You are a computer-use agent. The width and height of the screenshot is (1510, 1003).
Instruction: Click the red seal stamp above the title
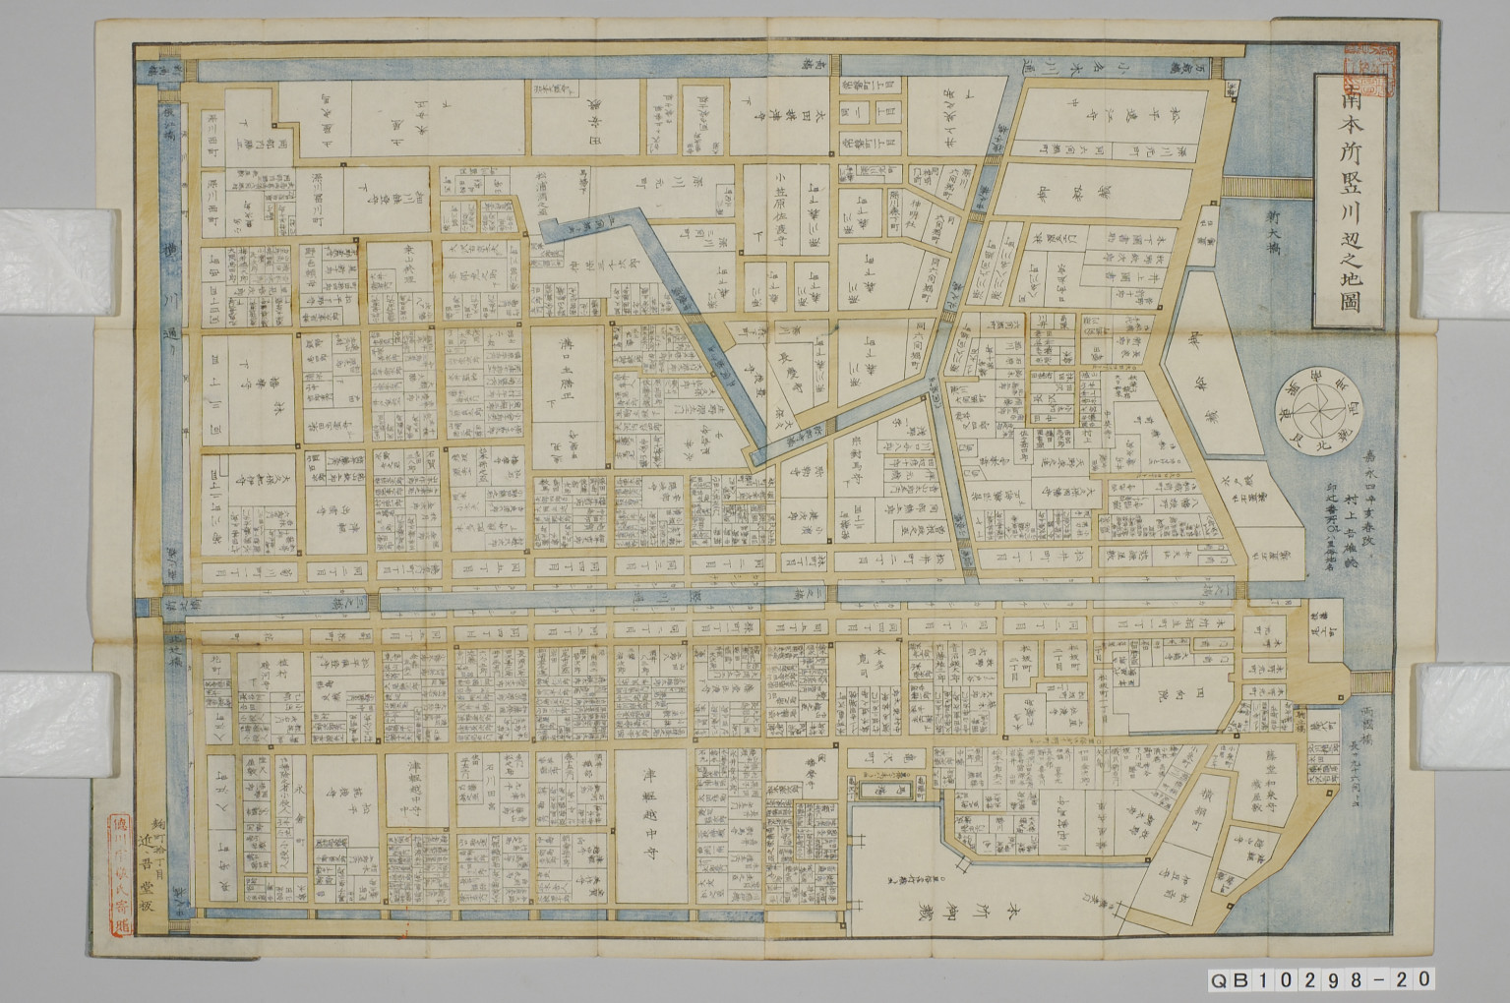[x=1372, y=72]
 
